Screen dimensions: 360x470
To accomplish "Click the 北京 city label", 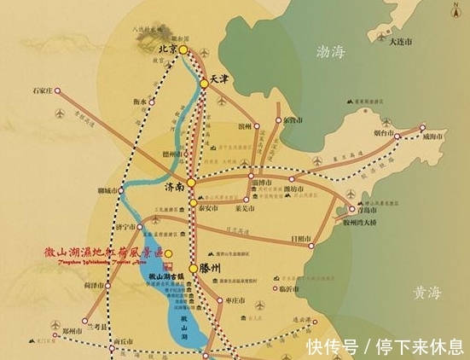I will pyautogui.click(x=168, y=50).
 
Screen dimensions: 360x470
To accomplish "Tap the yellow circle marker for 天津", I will pyautogui.click(x=204, y=84).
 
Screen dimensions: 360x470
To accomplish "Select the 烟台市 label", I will pyautogui.click(x=385, y=134).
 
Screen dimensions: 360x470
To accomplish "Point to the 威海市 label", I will pyautogui.click(x=433, y=136).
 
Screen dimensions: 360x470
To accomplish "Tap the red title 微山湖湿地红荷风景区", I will pyautogui.click(x=103, y=252).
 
